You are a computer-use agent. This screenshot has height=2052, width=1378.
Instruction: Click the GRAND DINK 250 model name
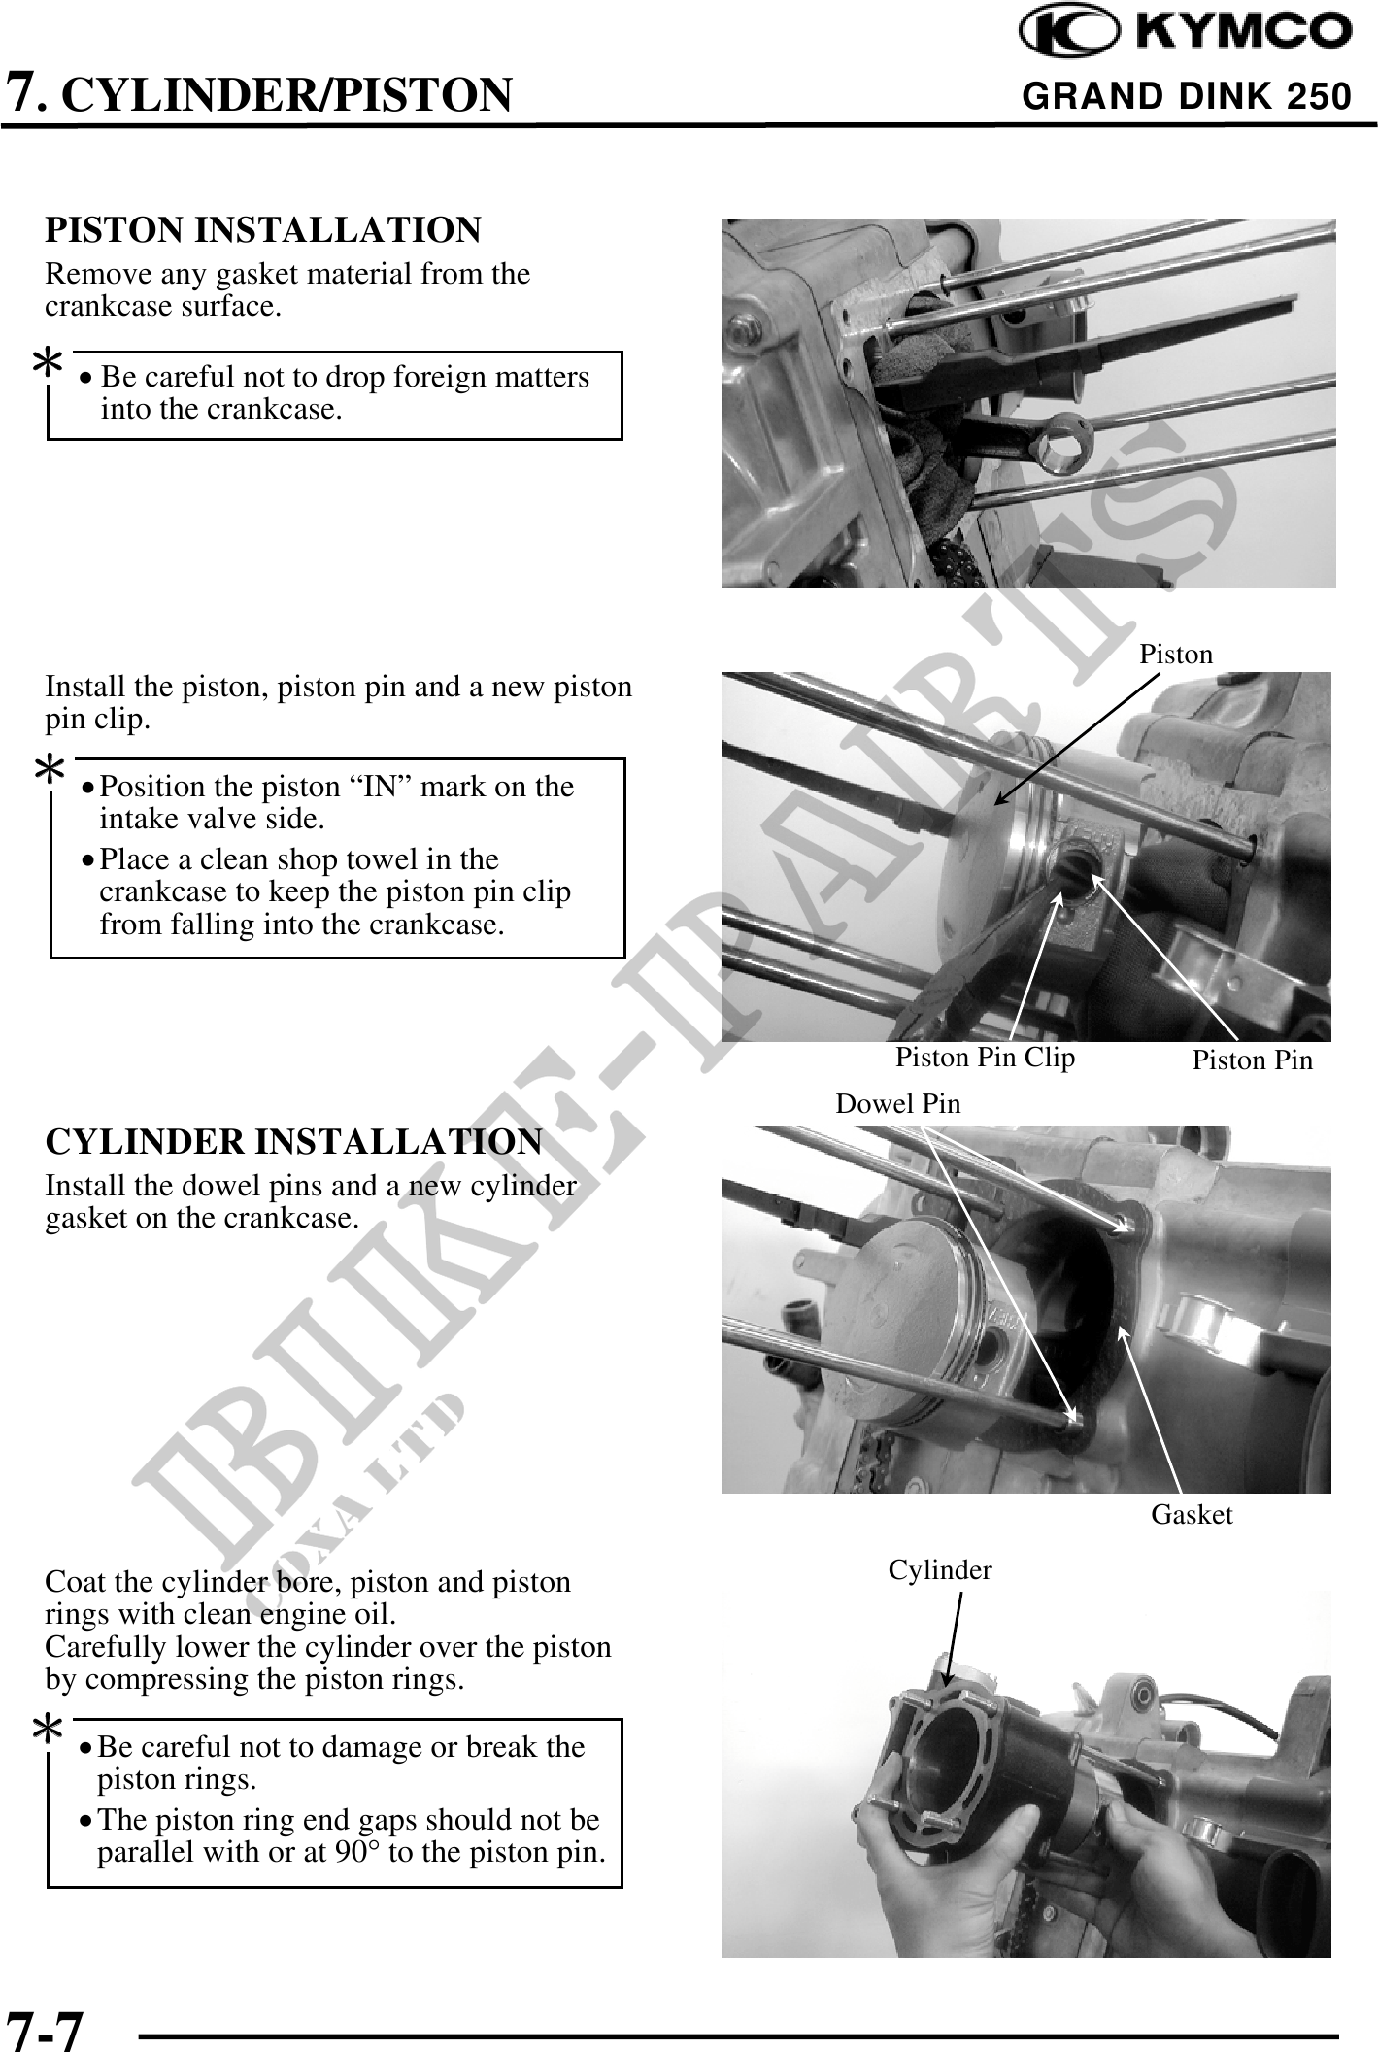pos(1187,96)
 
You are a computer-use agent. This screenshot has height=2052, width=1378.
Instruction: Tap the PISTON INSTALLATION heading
pos(263,230)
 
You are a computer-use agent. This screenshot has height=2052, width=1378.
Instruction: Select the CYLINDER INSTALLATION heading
pos(294,1141)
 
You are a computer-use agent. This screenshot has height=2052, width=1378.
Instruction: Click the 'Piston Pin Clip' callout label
pos(985,1058)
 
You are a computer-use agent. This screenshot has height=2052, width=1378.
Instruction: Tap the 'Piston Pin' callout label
pos(1252,1060)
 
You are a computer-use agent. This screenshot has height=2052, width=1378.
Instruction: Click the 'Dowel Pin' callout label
pos(898,1103)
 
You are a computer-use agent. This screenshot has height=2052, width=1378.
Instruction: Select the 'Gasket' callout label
pos(1192,1514)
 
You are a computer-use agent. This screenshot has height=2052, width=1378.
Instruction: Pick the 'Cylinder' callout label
pos(940,1570)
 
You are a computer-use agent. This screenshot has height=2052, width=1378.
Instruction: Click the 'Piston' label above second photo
pos(1176,655)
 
